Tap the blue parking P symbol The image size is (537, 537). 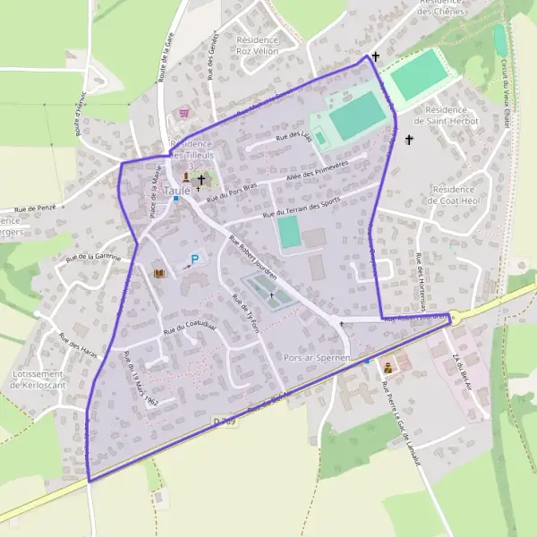point(193,260)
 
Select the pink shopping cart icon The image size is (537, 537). point(184,114)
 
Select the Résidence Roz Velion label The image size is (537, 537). point(258,46)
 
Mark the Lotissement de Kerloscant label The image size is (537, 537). point(35,379)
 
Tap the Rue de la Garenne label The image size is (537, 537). point(93,257)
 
